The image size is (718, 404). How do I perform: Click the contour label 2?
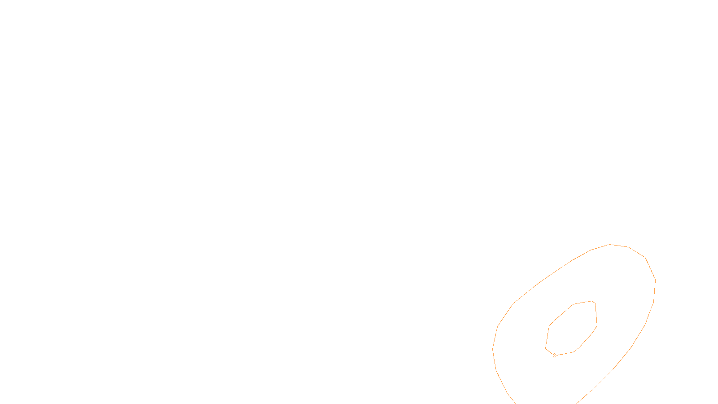554,356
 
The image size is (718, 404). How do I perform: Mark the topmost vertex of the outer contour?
610,244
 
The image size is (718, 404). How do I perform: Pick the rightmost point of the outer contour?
656,281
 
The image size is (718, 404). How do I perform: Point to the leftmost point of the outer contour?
493,349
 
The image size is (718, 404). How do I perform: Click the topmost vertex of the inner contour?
591,301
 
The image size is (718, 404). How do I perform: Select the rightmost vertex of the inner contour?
597,325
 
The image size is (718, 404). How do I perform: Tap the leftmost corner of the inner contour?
546,348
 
